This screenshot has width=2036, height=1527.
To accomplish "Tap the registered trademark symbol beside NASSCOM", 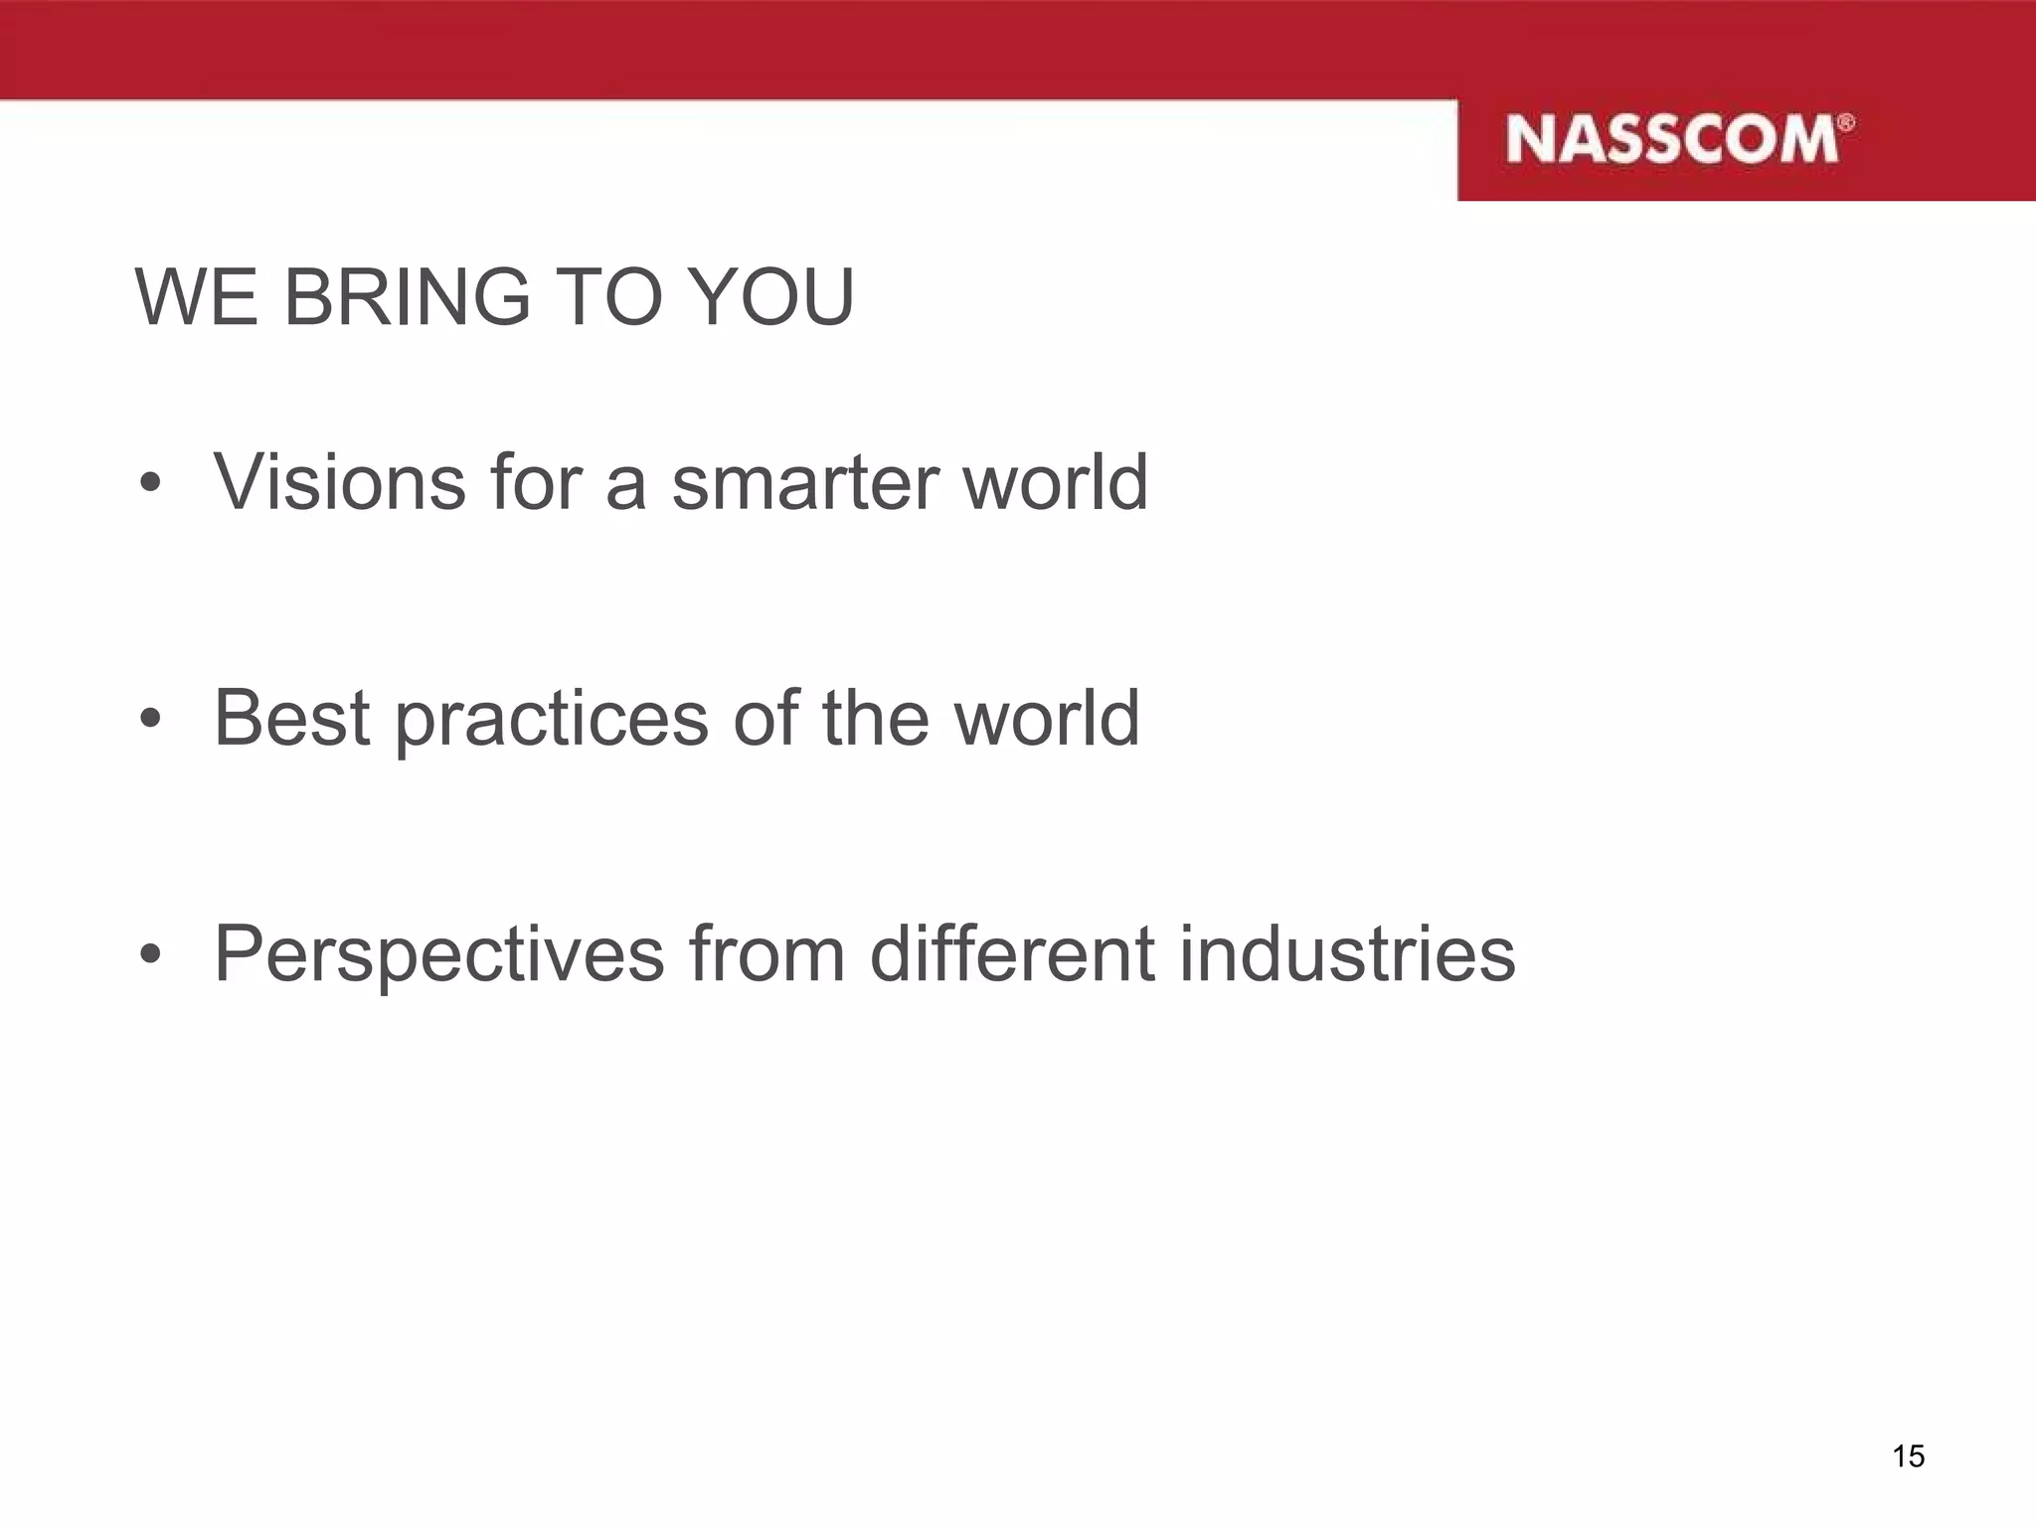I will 1846,122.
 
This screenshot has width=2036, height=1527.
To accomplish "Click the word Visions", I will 339,482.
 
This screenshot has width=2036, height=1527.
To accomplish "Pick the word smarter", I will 805,484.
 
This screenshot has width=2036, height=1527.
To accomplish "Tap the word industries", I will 1347,952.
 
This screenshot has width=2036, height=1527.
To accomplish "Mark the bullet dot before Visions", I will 150,484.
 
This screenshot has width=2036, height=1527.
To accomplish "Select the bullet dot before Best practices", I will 150,719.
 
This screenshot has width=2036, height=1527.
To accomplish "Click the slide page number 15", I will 1908,1456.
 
